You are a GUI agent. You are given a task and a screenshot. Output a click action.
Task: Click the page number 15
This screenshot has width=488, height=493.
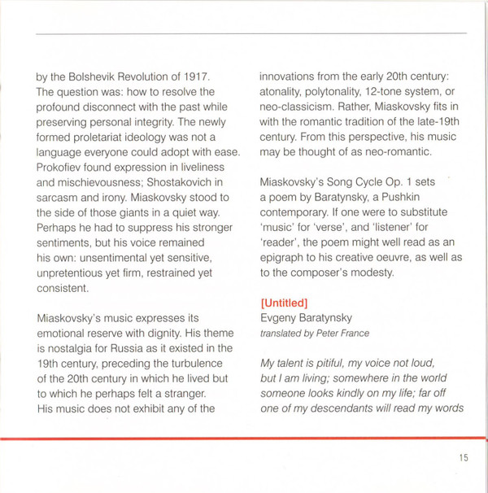(x=463, y=458)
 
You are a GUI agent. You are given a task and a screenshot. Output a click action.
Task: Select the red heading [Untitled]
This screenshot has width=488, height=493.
(x=284, y=303)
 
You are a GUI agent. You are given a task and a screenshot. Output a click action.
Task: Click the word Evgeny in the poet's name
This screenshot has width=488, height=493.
(x=279, y=318)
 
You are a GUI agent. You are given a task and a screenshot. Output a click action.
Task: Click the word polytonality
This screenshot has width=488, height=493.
(x=337, y=92)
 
